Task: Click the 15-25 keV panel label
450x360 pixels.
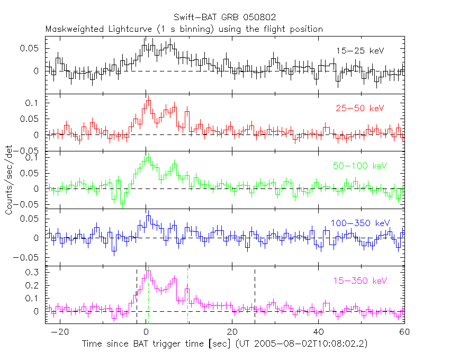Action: point(360,51)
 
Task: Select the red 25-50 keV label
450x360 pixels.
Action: point(359,109)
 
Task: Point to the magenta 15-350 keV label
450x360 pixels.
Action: point(360,281)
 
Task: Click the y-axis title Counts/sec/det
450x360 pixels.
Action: point(9,179)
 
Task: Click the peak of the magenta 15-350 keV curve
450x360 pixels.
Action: point(148,272)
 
